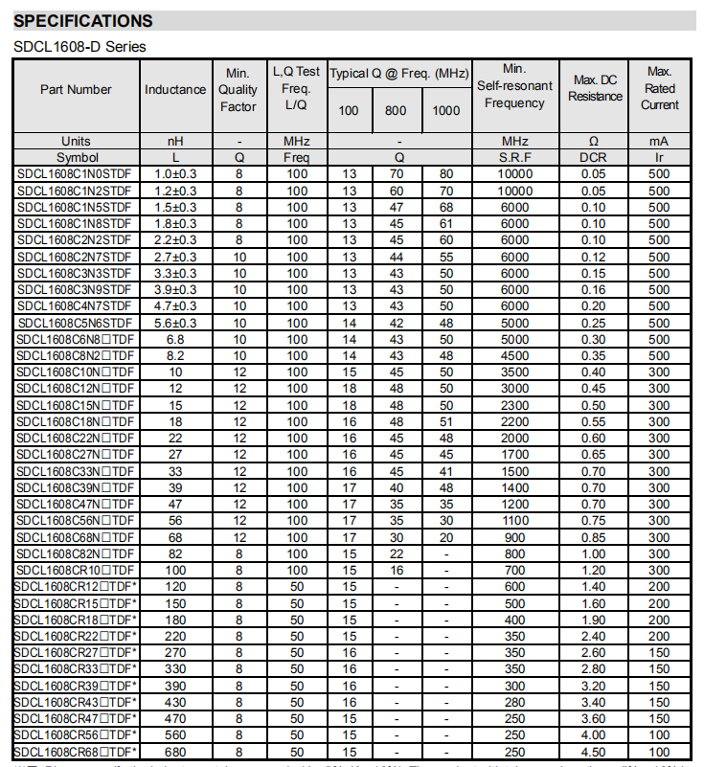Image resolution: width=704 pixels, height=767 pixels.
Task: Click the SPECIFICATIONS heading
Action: tap(83, 21)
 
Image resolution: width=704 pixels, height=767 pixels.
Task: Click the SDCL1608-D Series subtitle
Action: tap(79, 46)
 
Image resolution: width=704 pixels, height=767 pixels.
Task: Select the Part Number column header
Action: tap(76, 89)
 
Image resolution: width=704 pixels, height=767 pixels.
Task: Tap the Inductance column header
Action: tap(175, 89)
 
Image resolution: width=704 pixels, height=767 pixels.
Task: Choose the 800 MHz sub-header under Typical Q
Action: tap(396, 111)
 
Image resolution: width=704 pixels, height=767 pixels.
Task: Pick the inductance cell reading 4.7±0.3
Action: tap(175, 306)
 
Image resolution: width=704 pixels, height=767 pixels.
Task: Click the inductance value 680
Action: tap(175, 752)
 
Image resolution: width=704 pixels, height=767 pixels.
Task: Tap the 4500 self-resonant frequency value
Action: tap(514, 356)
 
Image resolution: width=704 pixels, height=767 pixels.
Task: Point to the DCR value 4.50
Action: tap(595, 752)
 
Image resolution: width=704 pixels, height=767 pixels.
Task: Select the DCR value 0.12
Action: tap(595, 257)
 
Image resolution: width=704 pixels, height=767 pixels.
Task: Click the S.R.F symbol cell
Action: tap(514, 157)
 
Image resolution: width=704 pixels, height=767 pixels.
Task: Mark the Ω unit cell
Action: tap(595, 142)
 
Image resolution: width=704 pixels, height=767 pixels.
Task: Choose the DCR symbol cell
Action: tap(595, 157)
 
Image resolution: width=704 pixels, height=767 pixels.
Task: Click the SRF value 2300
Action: tap(514, 406)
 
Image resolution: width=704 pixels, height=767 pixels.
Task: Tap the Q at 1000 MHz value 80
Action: tap(446, 174)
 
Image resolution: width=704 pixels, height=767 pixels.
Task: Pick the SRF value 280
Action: tap(514, 702)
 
